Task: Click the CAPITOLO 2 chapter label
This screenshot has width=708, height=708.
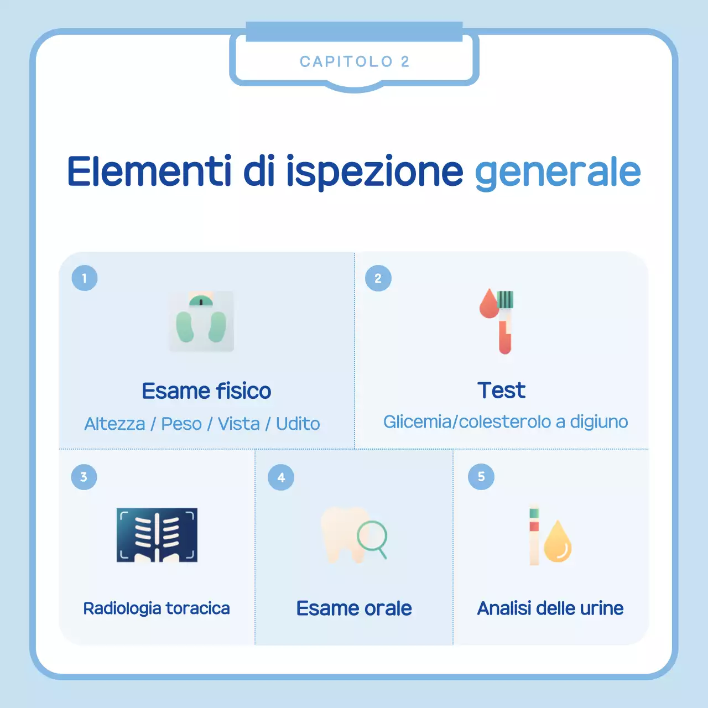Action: point(355,61)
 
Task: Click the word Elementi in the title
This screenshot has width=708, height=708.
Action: point(149,171)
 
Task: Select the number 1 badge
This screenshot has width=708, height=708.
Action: point(85,278)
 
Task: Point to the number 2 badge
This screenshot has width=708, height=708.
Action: point(378,278)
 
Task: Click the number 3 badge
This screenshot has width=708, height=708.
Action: point(84,477)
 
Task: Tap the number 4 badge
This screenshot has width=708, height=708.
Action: point(281,477)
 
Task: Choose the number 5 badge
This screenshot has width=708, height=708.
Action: point(481,477)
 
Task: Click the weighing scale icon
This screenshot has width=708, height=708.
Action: point(201,321)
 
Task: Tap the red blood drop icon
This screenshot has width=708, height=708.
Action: point(489,305)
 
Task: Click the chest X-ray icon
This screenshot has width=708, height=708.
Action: point(157,535)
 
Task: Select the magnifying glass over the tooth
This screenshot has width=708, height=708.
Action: point(372,537)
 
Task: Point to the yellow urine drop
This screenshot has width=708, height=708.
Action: point(558,543)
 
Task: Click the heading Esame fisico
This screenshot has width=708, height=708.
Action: point(206,391)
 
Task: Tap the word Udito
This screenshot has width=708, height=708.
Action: point(298,424)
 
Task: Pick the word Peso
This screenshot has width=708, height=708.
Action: point(181,424)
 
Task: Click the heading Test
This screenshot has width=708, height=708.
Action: point(501,391)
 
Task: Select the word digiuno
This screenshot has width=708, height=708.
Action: point(599,422)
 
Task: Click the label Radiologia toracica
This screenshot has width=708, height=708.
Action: point(157,608)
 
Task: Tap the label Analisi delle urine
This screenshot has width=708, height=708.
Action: point(550,608)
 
